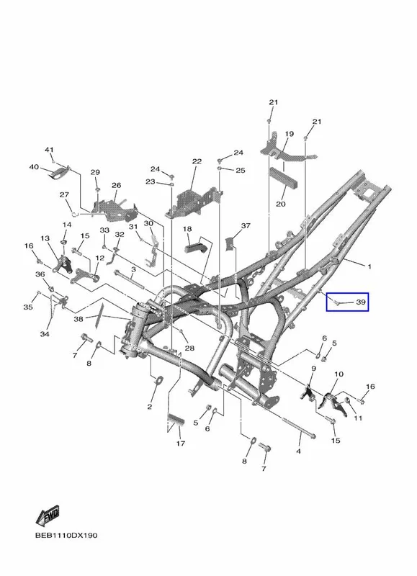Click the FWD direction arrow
coord(48,516)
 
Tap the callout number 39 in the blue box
coord(361,302)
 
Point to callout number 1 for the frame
coord(369,266)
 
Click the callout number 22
coord(197,161)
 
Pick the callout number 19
coord(290,134)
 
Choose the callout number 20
coord(281,204)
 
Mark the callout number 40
coord(34,167)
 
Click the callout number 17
coord(180,444)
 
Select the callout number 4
coord(298,451)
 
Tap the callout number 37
coord(246,225)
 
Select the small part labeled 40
coord(59,173)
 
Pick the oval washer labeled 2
coord(160,380)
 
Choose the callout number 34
coord(45,334)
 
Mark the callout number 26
coord(117,186)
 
